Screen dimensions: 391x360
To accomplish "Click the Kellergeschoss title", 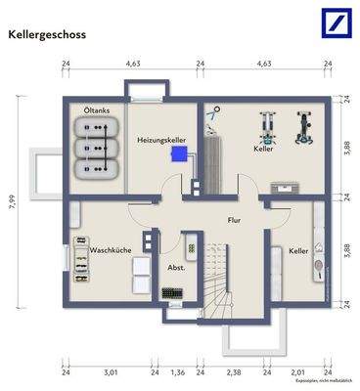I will click(47, 34).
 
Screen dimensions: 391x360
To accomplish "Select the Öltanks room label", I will click(97, 110).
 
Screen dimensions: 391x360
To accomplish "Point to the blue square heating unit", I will click(177, 152).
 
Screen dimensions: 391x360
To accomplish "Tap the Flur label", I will click(235, 220).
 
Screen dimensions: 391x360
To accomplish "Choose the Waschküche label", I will click(111, 249).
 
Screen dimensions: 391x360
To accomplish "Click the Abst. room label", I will click(177, 267).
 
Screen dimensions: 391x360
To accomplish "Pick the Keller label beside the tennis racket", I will click(298, 251).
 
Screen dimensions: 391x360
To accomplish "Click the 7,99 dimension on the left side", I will click(12, 204).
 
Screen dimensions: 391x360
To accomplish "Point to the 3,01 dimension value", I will click(111, 371).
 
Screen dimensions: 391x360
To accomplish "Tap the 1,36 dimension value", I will click(177, 371).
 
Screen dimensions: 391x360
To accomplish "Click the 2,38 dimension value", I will click(233, 371).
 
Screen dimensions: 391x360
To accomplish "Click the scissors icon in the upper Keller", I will click(209, 113).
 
